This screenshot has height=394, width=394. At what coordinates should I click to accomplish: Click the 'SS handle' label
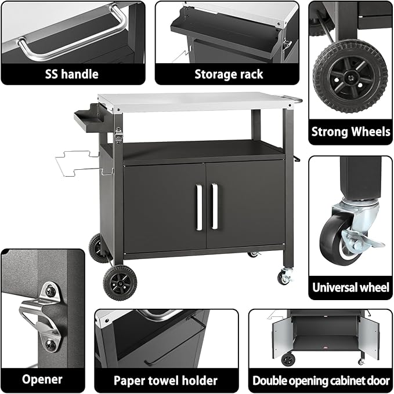[x=71, y=74]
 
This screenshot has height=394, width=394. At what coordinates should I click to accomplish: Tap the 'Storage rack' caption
[x=229, y=74]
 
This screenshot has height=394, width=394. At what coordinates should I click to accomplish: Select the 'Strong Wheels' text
[x=350, y=132]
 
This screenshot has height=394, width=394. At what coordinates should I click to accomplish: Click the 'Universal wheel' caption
[x=350, y=287]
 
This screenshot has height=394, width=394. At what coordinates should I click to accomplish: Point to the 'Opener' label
[x=42, y=380]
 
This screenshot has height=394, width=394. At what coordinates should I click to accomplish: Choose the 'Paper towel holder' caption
[x=166, y=380]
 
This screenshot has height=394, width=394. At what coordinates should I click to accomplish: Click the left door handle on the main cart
[x=198, y=206]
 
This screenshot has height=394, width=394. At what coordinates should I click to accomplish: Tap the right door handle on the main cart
[x=214, y=206]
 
